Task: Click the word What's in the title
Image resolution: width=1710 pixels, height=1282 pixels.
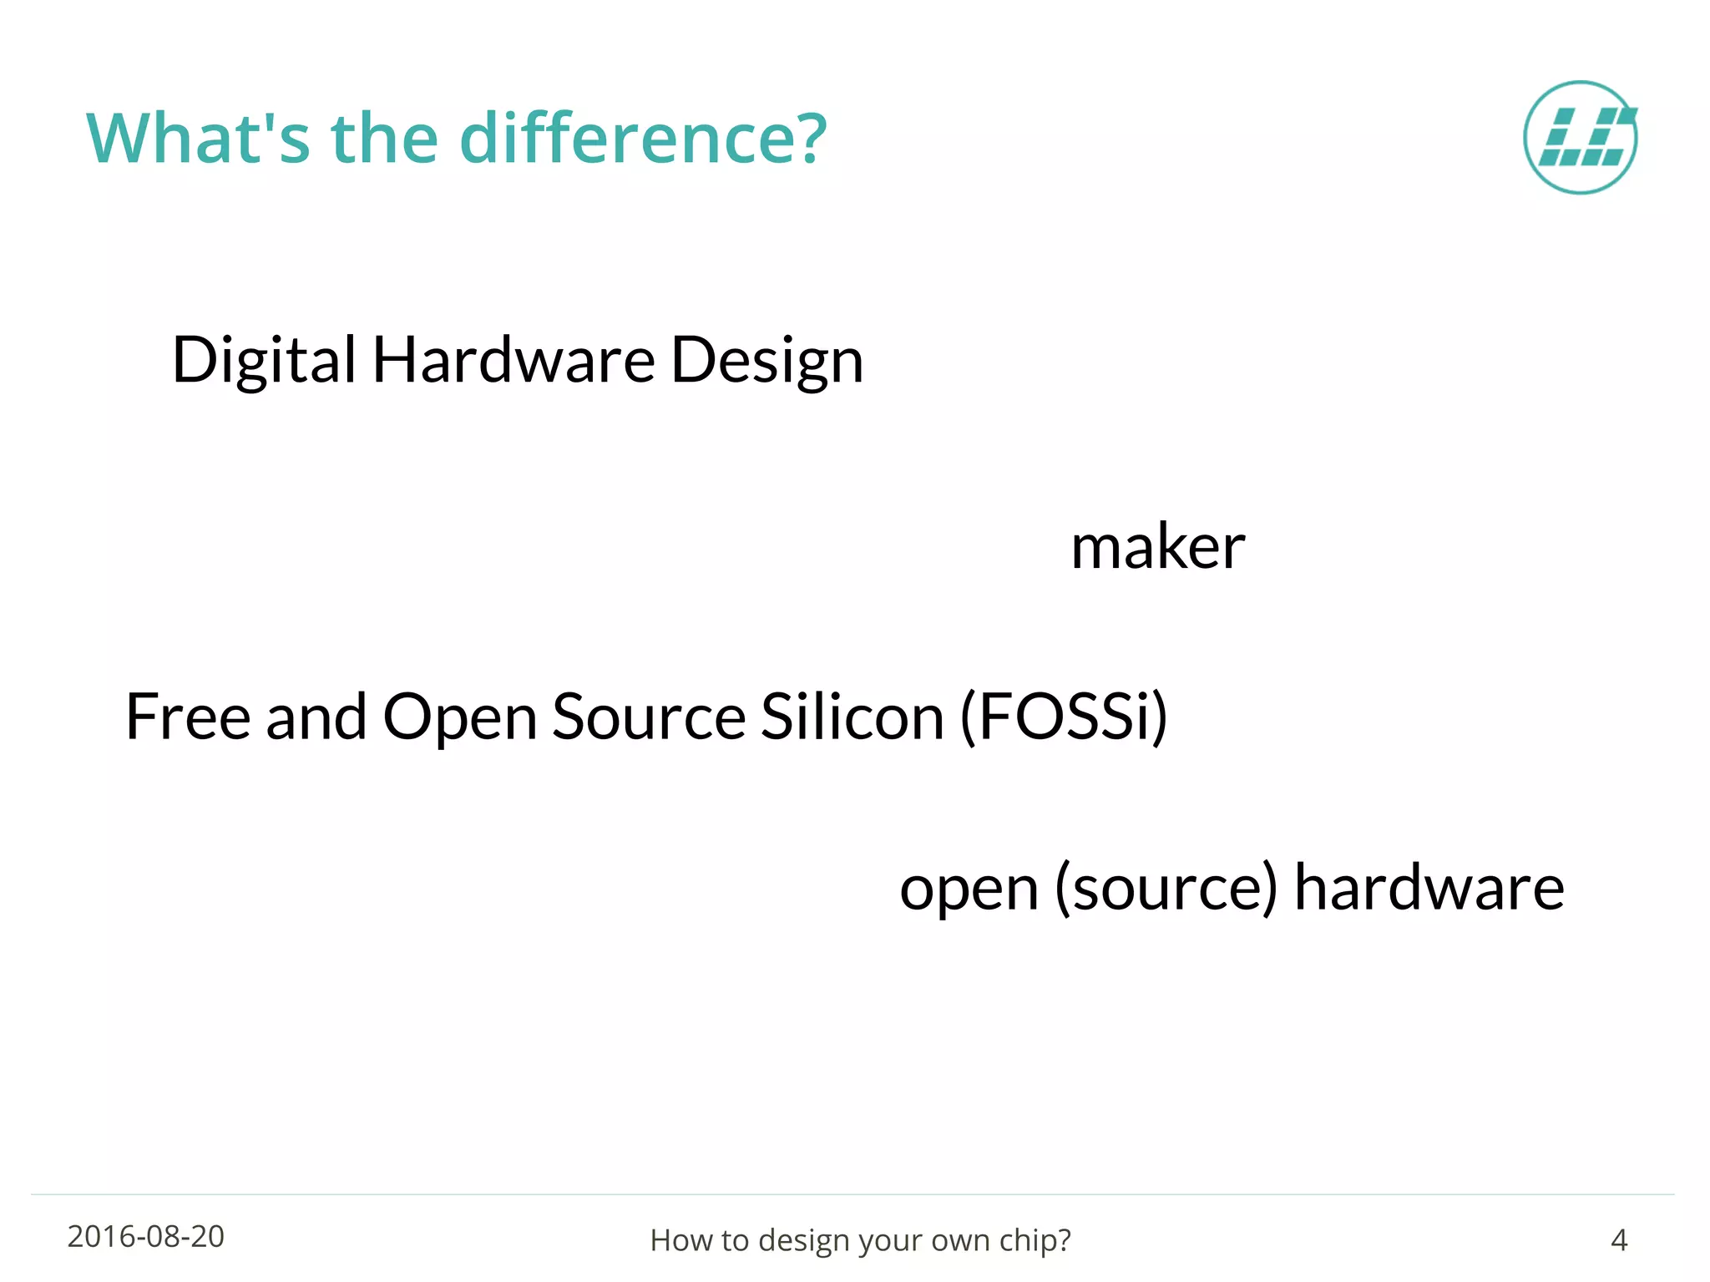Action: click(198, 139)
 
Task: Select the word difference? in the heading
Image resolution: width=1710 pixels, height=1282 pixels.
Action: click(643, 139)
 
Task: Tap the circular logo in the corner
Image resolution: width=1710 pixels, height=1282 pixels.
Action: click(1580, 138)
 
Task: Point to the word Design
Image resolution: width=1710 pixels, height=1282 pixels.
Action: click(766, 361)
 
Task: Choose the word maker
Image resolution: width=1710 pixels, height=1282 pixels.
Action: click(1157, 547)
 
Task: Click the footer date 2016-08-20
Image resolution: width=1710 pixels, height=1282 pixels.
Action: click(146, 1237)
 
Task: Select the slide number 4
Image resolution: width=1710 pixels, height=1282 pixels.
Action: click(1618, 1240)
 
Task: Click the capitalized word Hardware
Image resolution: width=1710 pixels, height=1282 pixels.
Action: click(514, 361)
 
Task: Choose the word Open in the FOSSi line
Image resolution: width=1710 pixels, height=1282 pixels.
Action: click(459, 718)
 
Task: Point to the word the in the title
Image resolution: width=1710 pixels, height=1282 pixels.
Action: click(385, 139)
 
